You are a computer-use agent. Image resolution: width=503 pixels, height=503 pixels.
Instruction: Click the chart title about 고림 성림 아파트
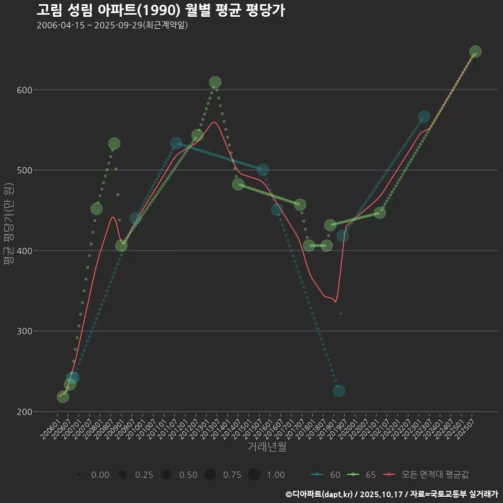[161, 10]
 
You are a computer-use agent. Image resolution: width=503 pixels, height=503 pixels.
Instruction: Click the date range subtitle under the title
[112, 25]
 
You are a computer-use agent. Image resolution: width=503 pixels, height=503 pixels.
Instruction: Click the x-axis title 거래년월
[267, 447]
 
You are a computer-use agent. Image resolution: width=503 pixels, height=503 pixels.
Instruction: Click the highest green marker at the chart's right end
[475, 51]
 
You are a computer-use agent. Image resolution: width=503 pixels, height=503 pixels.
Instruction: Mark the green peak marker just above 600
[215, 82]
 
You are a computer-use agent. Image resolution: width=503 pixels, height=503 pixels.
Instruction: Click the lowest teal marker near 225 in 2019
[339, 391]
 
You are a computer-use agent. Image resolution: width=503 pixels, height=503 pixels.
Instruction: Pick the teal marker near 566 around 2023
[424, 116]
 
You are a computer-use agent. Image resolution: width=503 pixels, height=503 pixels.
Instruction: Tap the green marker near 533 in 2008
[114, 144]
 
